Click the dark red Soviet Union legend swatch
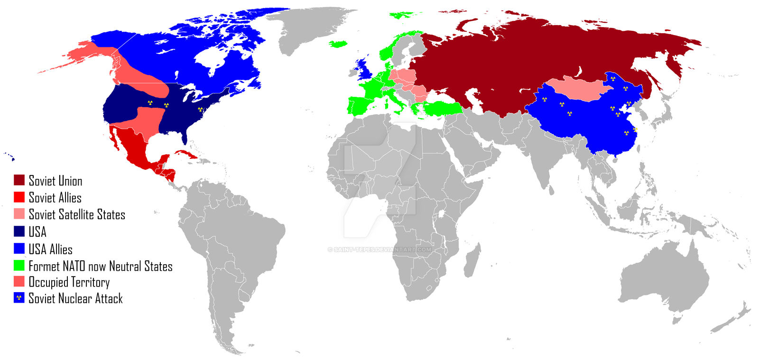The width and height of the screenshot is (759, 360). click(19, 180)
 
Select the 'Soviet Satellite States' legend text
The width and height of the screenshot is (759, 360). click(77, 214)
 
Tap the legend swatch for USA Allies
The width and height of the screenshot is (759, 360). click(19, 249)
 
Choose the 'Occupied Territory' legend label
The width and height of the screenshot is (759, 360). click(69, 282)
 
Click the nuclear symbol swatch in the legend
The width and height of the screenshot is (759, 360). click(19, 298)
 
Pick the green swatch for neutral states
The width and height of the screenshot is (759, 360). click(19, 265)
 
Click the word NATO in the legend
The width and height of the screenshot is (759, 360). click(74, 266)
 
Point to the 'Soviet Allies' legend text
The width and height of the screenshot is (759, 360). click(55, 197)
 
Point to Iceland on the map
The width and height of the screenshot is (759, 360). click(337, 44)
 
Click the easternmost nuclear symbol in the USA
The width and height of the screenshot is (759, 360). click(200, 110)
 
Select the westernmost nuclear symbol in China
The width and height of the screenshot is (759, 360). click(544, 100)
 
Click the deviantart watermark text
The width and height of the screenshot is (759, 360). click(379, 249)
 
